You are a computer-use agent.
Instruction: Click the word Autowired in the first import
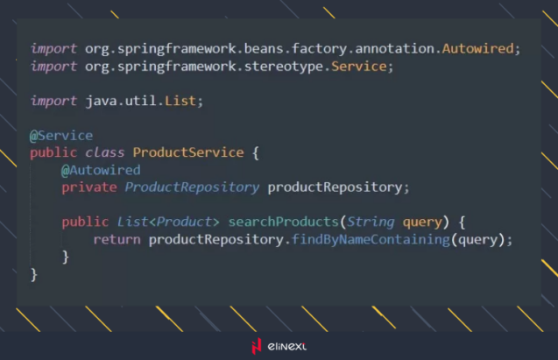click(477, 48)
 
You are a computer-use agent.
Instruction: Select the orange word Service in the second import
click(359, 67)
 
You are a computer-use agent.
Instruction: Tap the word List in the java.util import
click(180, 101)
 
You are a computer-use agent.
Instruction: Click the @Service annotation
click(61, 136)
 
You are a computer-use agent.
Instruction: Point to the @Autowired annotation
click(101, 170)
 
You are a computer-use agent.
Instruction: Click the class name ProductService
click(188, 152)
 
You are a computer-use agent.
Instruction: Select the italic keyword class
click(104, 152)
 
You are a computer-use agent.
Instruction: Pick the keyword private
click(89, 187)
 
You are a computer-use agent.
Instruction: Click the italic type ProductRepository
click(192, 187)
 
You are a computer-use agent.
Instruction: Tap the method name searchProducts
click(283, 222)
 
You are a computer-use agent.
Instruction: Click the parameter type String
click(371, 222)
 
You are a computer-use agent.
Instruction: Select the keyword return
click(117, 239)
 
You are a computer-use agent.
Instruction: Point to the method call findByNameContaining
click(371, 239)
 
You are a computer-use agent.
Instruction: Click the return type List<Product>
click(168, 222)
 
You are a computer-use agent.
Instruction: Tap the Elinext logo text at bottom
click(286, 346)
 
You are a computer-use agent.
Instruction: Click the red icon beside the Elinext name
click(257, 346)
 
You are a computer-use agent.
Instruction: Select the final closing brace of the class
click(34, 275)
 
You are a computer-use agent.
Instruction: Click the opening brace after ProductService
click(256, 153)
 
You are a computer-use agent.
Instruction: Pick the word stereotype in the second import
click(284, 67)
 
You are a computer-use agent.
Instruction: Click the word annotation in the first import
click(394, 48)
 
